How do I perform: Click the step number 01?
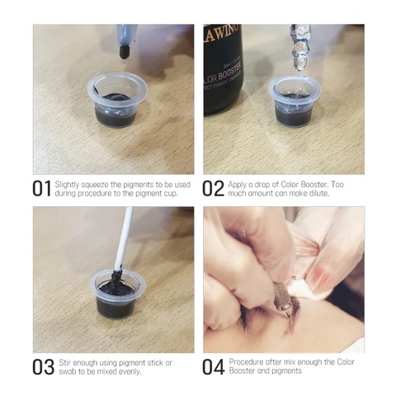[42, 189]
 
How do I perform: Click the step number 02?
[213, 189]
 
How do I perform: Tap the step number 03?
[43, 367]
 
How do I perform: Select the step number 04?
[214, 367]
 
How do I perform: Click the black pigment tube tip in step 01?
[125, 52]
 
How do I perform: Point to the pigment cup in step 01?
[117, 100]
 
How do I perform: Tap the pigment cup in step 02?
[295, 102]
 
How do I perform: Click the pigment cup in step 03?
[118, 293]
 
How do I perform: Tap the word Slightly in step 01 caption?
[67, 185]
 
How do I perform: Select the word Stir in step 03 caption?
[65, 363]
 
